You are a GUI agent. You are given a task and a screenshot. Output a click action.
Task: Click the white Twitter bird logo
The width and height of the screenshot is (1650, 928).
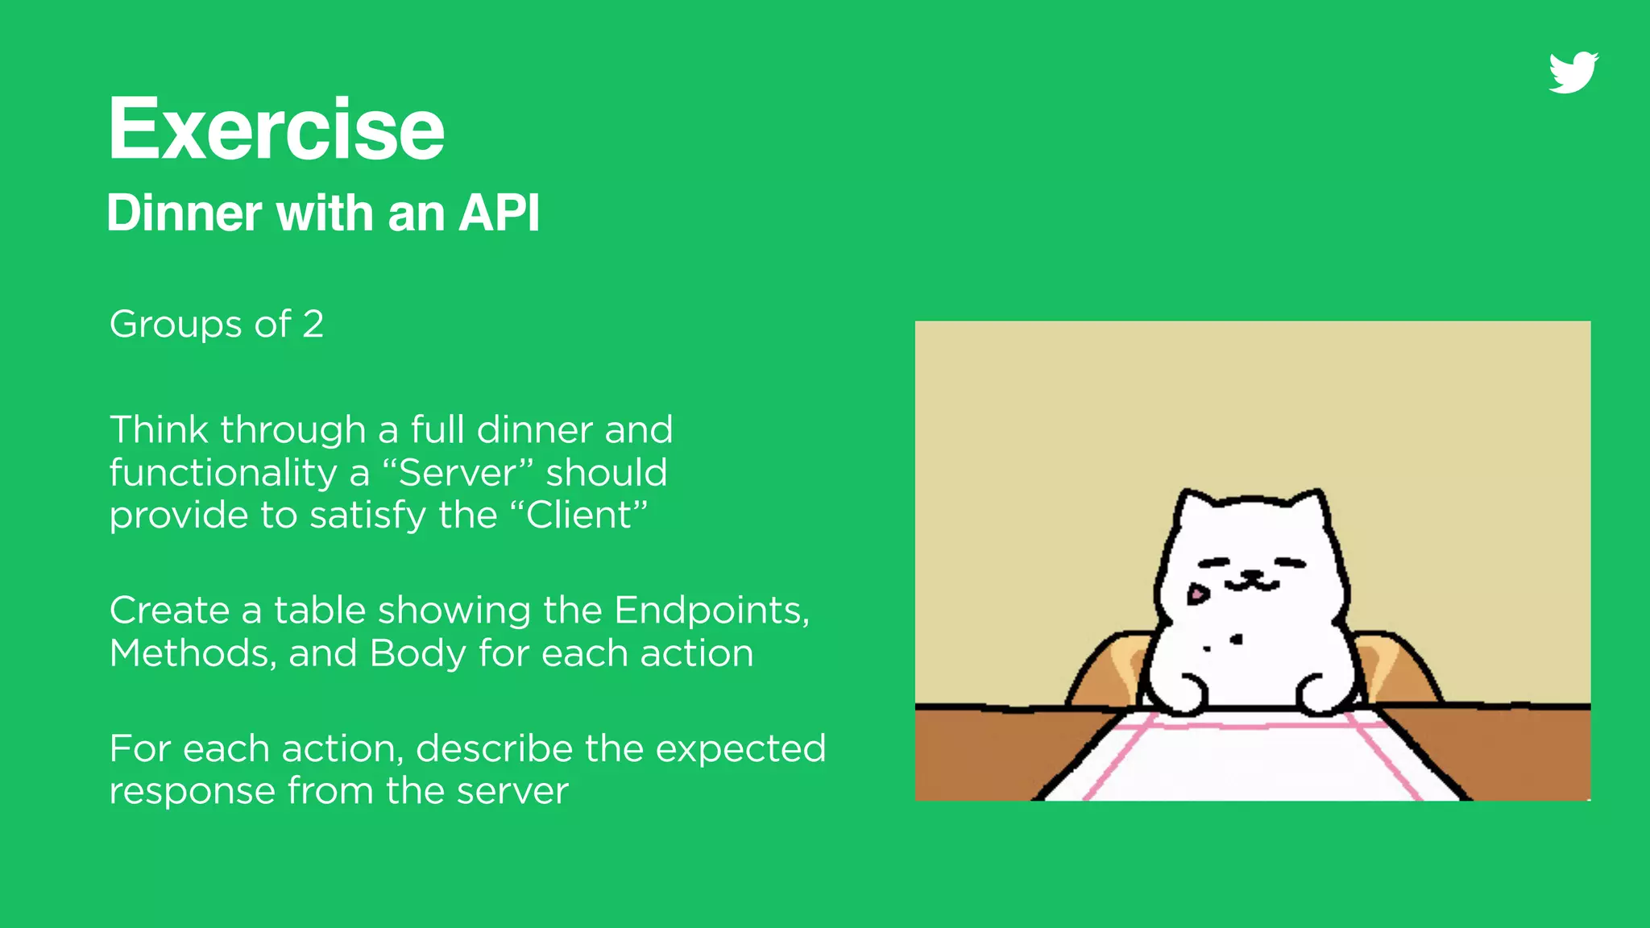tap(1573, 72)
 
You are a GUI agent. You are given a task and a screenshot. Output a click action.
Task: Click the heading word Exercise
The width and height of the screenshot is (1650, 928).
tap(276, 129)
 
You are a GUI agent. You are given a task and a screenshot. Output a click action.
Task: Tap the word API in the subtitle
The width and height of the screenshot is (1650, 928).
tap(499, 213)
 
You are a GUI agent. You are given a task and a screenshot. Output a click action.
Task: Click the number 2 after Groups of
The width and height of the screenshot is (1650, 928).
tap(313, 325)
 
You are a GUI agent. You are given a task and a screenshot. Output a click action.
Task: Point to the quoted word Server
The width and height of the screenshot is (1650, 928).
tap(457, 473)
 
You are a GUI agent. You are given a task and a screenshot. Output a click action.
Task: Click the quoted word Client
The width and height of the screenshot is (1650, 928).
tap(579, 516)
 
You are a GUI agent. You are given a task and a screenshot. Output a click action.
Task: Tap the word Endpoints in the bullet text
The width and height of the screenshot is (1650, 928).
tap(711, 611)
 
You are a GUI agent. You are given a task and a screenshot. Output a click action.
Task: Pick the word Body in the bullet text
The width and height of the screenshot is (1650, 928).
tap(417, 653)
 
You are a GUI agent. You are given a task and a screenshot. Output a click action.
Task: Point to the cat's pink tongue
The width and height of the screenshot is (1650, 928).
tap(1198, 595)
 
